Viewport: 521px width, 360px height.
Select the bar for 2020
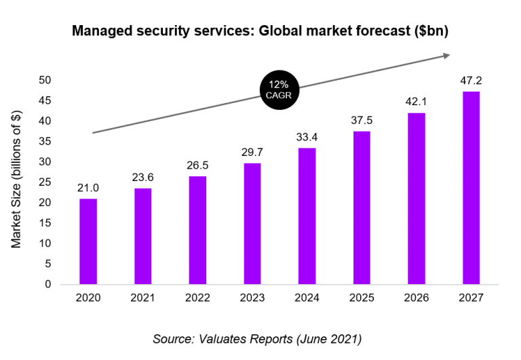point(88,241)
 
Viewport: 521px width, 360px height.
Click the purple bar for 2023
point(252,223)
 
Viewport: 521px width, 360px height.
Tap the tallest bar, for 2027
point(471,188)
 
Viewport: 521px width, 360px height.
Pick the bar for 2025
point(362,207)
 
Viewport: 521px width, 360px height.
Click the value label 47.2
point(471,81)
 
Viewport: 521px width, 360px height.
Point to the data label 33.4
point(307,138)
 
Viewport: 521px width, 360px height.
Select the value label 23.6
point(142,178)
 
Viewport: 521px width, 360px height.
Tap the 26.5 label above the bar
point(197,166)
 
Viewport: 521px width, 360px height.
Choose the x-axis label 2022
point(197,298)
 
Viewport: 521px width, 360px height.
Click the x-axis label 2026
point(416,298)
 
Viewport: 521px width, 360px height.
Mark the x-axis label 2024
point(307,298)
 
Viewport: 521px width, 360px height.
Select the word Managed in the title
point(102,31)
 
